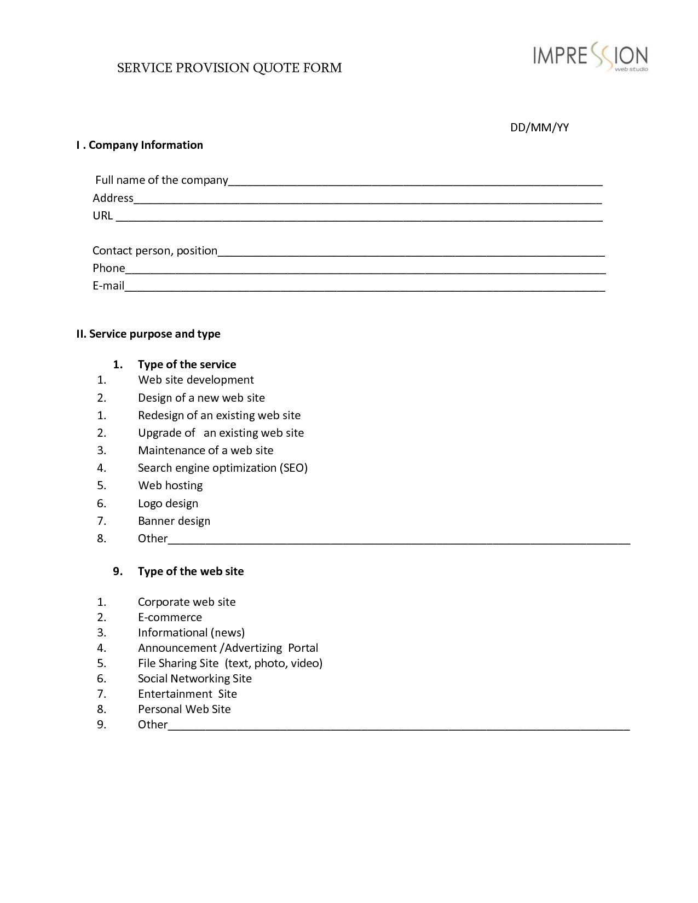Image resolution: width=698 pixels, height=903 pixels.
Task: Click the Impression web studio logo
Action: [x=590, y=57]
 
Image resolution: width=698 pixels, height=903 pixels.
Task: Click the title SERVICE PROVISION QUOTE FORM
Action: [x=229, y=68]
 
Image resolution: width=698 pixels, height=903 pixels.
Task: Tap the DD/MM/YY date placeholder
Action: [x=539, y=128]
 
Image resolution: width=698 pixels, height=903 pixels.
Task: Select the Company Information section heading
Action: [x=140, y=145]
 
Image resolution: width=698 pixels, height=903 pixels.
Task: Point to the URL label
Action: [x=102, y=216]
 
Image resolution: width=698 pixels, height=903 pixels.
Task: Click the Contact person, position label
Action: [x=155, y=251]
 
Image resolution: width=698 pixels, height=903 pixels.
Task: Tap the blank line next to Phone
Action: [x=365, y=269]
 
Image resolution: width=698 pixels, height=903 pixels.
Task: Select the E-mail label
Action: [x=108, y=286]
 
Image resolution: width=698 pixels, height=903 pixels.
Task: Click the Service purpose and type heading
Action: [x=148, y=334]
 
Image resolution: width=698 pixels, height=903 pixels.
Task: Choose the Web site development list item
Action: [x=196, y=380]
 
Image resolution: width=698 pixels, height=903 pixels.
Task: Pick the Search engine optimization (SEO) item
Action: [x=223, y=468]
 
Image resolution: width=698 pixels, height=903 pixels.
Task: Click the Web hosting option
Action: [x=170, y=485]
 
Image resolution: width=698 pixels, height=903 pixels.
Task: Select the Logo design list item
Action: [x=168, y=503]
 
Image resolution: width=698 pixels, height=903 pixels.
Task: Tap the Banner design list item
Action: [x=174, y=521]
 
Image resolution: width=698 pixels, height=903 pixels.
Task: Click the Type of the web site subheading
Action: [x=191, y=571]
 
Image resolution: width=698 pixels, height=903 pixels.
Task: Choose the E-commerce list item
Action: [x=170, y=617]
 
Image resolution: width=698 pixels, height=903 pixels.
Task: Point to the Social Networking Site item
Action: [x=195, y=679]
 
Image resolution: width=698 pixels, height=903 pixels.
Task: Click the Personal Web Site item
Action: [x=184, y=709]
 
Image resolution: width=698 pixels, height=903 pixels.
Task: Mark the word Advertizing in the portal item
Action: [x=253, y=648]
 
